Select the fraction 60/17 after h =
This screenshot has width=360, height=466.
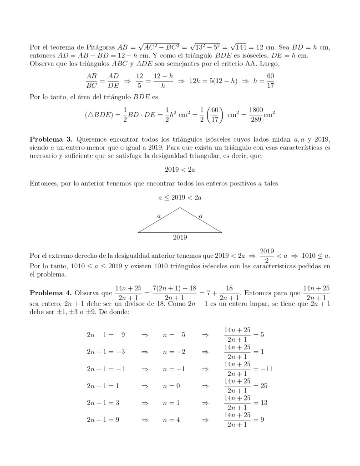[x=270, y=81]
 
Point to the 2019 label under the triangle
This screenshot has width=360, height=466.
[x=180, y=237]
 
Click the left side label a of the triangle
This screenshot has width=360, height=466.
[x=158, y=215]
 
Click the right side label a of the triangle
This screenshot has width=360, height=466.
[x=201, y=215]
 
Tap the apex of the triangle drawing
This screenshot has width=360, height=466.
[x=180, y=208]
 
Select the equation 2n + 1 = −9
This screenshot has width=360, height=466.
[x=106, y=335]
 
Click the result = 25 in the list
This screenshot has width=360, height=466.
[x=260, y=385]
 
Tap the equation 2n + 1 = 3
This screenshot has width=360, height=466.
[x=103, y=403]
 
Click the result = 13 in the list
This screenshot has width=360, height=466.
[x=260, y=403]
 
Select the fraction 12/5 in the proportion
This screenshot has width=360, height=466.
[x=139, y=81]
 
